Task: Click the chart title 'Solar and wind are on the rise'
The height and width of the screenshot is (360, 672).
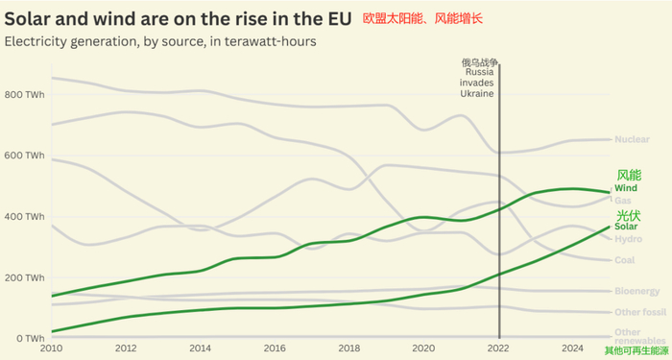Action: [180, 18]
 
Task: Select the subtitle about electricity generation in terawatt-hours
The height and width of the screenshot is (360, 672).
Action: [160, 41]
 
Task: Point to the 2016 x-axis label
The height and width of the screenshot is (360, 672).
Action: [275, 349]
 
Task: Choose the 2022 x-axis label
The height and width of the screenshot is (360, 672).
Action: [498, 349]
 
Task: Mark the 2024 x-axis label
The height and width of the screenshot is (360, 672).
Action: [572, 349]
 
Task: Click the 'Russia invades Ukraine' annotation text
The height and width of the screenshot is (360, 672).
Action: [478, 84]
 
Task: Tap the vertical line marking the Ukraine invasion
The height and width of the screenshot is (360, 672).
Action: [499, 192]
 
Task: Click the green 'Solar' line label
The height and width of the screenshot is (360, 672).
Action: [626, 227]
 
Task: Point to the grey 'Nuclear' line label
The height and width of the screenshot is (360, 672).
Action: [631, 140]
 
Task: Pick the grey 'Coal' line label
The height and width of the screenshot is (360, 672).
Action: [624, 260]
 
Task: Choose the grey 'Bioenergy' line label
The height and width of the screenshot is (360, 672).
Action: [636, 291]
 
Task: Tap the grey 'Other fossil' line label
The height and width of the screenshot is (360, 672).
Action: [638, 312]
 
